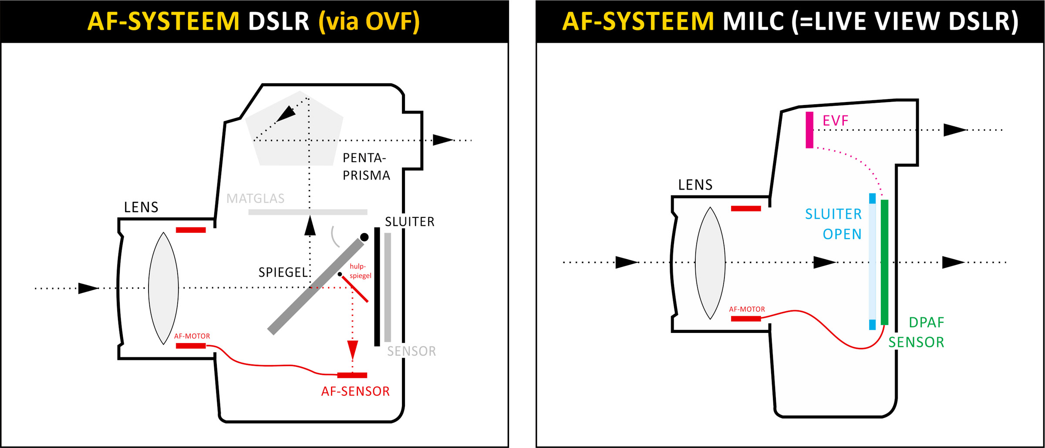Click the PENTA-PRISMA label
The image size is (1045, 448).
point(366,166)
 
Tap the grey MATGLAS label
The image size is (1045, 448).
point(255,199)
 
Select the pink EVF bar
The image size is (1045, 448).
point(809,130)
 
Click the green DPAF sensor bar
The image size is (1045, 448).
point(884,261)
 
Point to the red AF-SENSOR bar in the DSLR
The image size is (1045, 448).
point(352,375)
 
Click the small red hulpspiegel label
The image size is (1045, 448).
point(360,271)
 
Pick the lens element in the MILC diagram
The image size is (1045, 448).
point(710,263)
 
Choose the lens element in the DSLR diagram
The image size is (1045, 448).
point(163,288)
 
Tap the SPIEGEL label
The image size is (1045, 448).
point(283,272)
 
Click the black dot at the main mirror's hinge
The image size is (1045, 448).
point(364,237)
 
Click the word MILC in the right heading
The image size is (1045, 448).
point(753,21)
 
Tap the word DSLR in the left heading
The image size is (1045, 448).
point(278,21)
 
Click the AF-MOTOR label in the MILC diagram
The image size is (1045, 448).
point(747,309)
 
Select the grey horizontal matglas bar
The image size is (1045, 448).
point(307,212)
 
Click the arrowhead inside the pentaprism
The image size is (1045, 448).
point(286,114)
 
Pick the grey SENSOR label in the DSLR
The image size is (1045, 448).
point(411,351)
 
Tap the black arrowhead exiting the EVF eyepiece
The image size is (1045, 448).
point(954,130)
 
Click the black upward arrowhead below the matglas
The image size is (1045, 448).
point(310,226)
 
